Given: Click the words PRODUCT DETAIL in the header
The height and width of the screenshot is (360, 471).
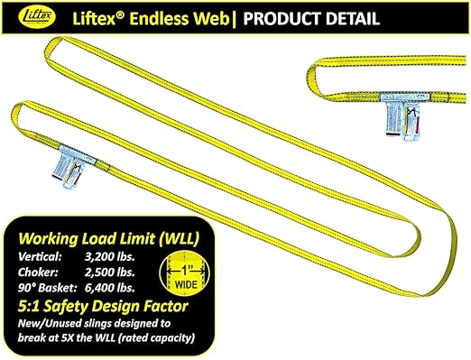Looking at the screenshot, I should (x=315, y=17).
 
